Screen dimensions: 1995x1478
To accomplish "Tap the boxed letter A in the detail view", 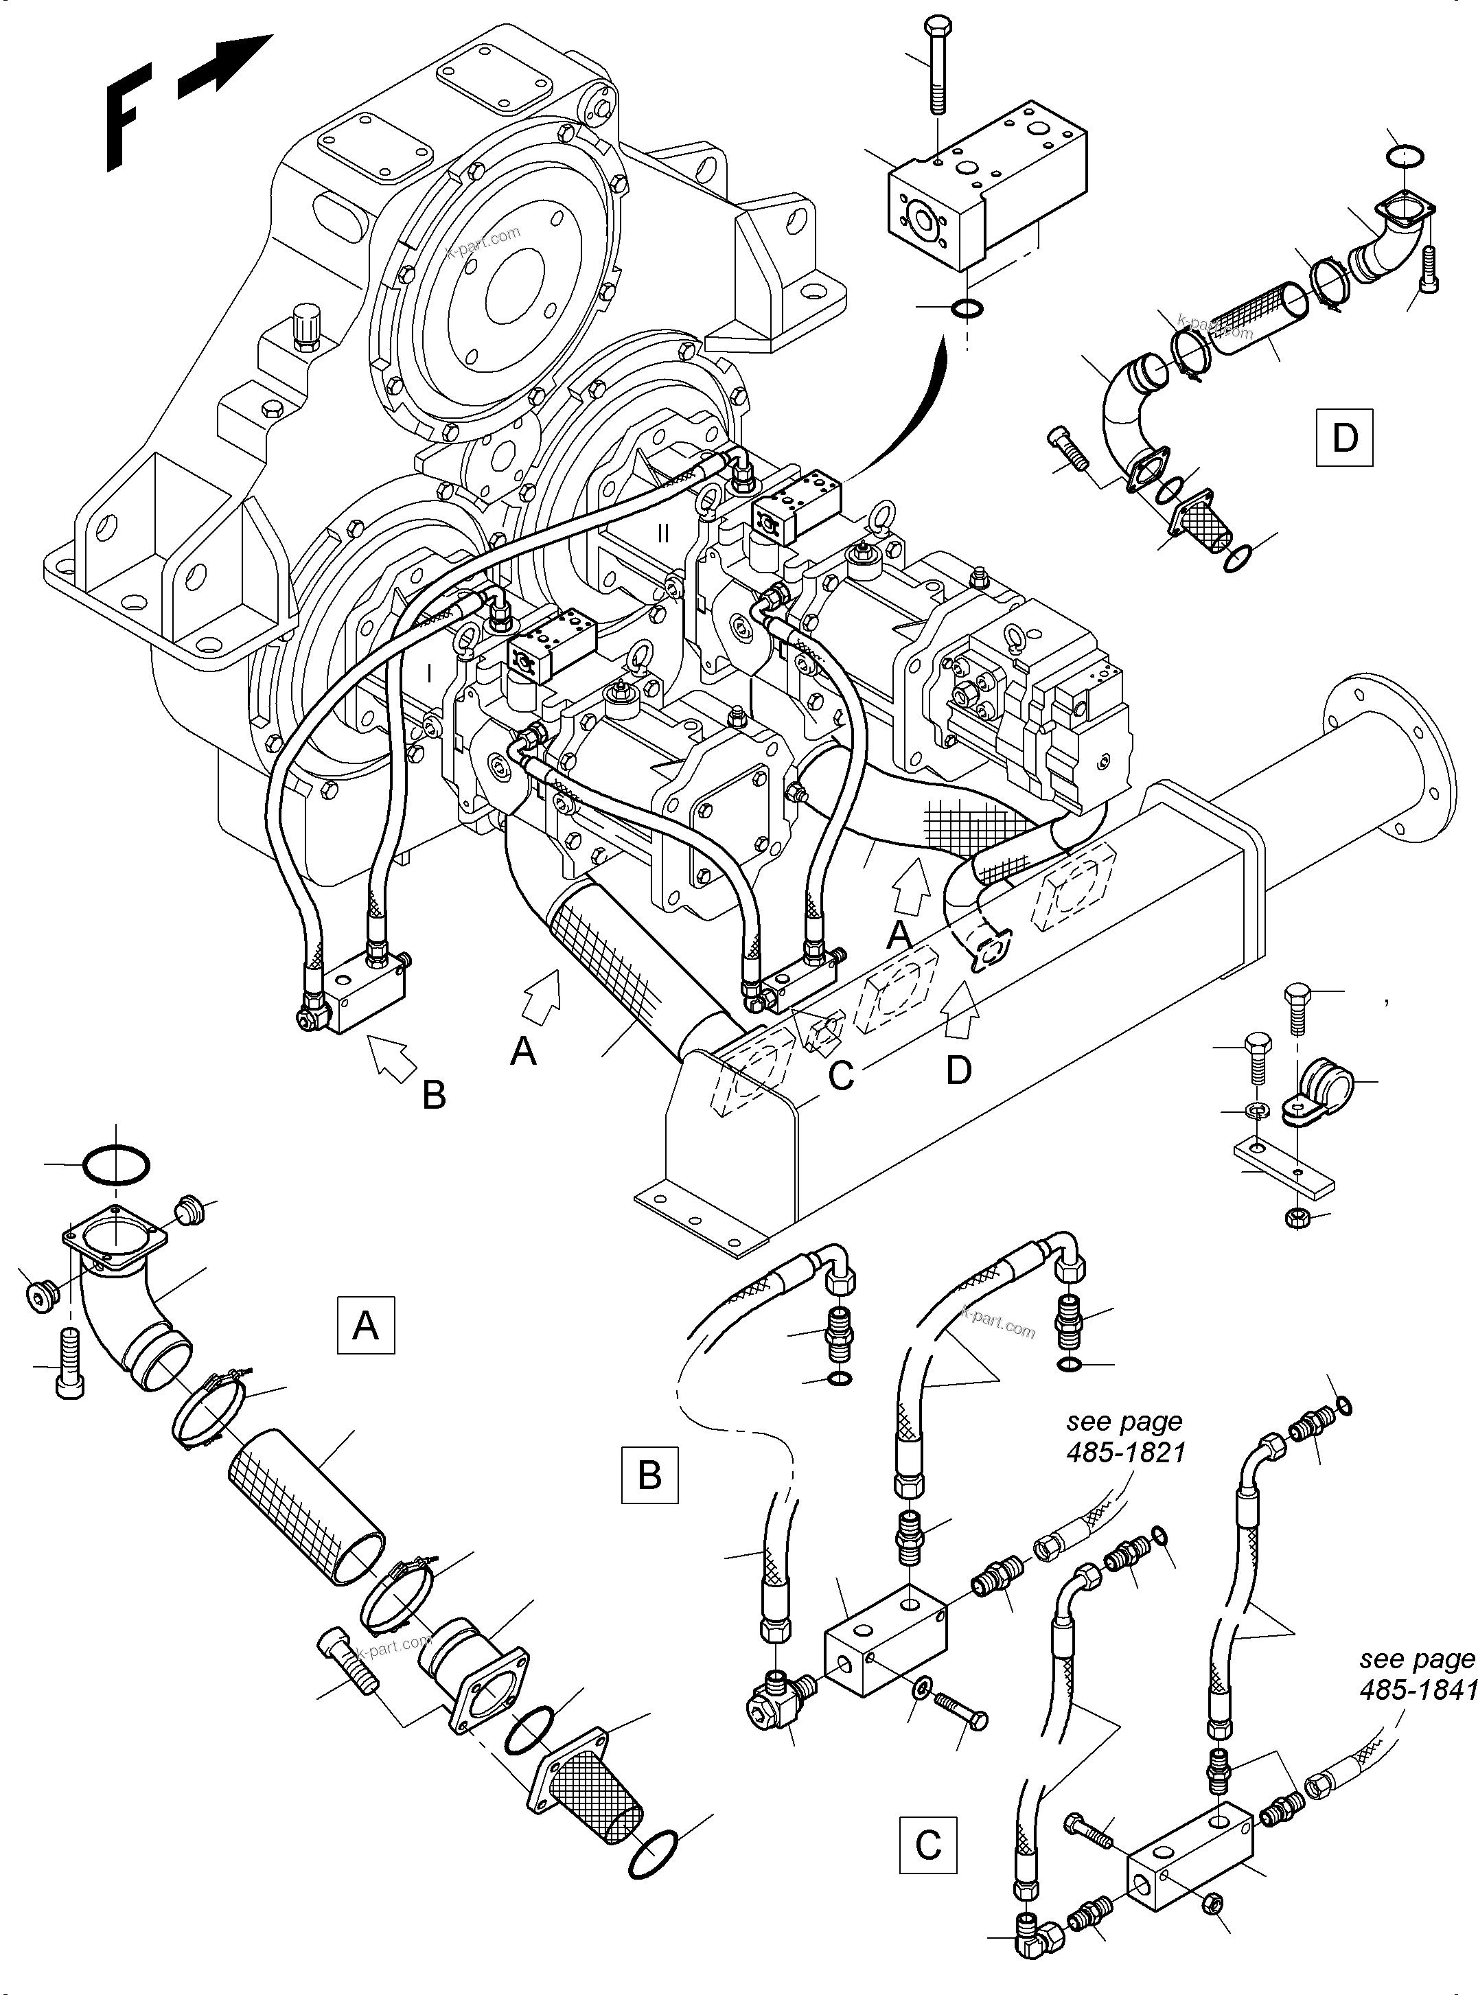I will click(365, 1325).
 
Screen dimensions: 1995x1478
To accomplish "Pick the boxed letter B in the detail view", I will click(649, 1473).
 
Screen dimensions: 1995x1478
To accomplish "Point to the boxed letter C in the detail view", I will click(927, 1845).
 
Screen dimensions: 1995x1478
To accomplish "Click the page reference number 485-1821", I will click(1126, 1451).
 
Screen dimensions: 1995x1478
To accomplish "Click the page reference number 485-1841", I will click(1417, 1689).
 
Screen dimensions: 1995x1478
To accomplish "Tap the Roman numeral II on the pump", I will click(663, 534).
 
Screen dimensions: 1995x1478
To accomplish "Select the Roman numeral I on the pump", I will click(430, 673).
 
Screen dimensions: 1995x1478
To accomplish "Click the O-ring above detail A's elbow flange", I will click(115, 1166).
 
